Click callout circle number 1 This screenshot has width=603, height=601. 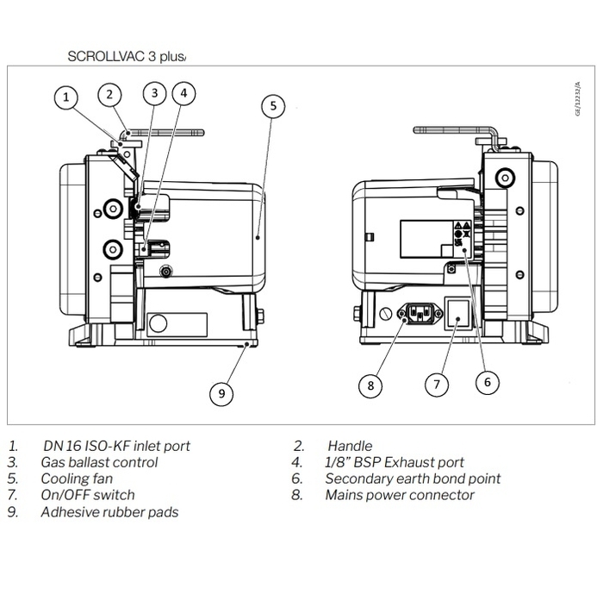coord(66,97)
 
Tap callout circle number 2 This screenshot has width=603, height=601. coord(109,94)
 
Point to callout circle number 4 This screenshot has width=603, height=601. coord(183,92)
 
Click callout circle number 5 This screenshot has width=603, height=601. coord(272,106)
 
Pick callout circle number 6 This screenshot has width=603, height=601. coord(487,380)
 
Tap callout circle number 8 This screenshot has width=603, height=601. coord(370,385)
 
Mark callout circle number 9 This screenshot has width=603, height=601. coord(221,393)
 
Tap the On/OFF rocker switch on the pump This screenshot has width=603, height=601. coord(457,316)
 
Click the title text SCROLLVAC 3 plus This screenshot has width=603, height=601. coord(126,57)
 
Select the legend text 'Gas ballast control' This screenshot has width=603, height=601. coord(99,462)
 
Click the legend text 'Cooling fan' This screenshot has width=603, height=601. coord(77,479)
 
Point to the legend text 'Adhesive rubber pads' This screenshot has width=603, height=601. coord(109,511)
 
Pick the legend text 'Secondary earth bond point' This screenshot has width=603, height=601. coord(413,479)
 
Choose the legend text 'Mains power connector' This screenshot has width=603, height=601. coord(400,495)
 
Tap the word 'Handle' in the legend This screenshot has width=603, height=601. coord(350,446)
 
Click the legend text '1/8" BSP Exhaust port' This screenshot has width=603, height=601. coord(395,462)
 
